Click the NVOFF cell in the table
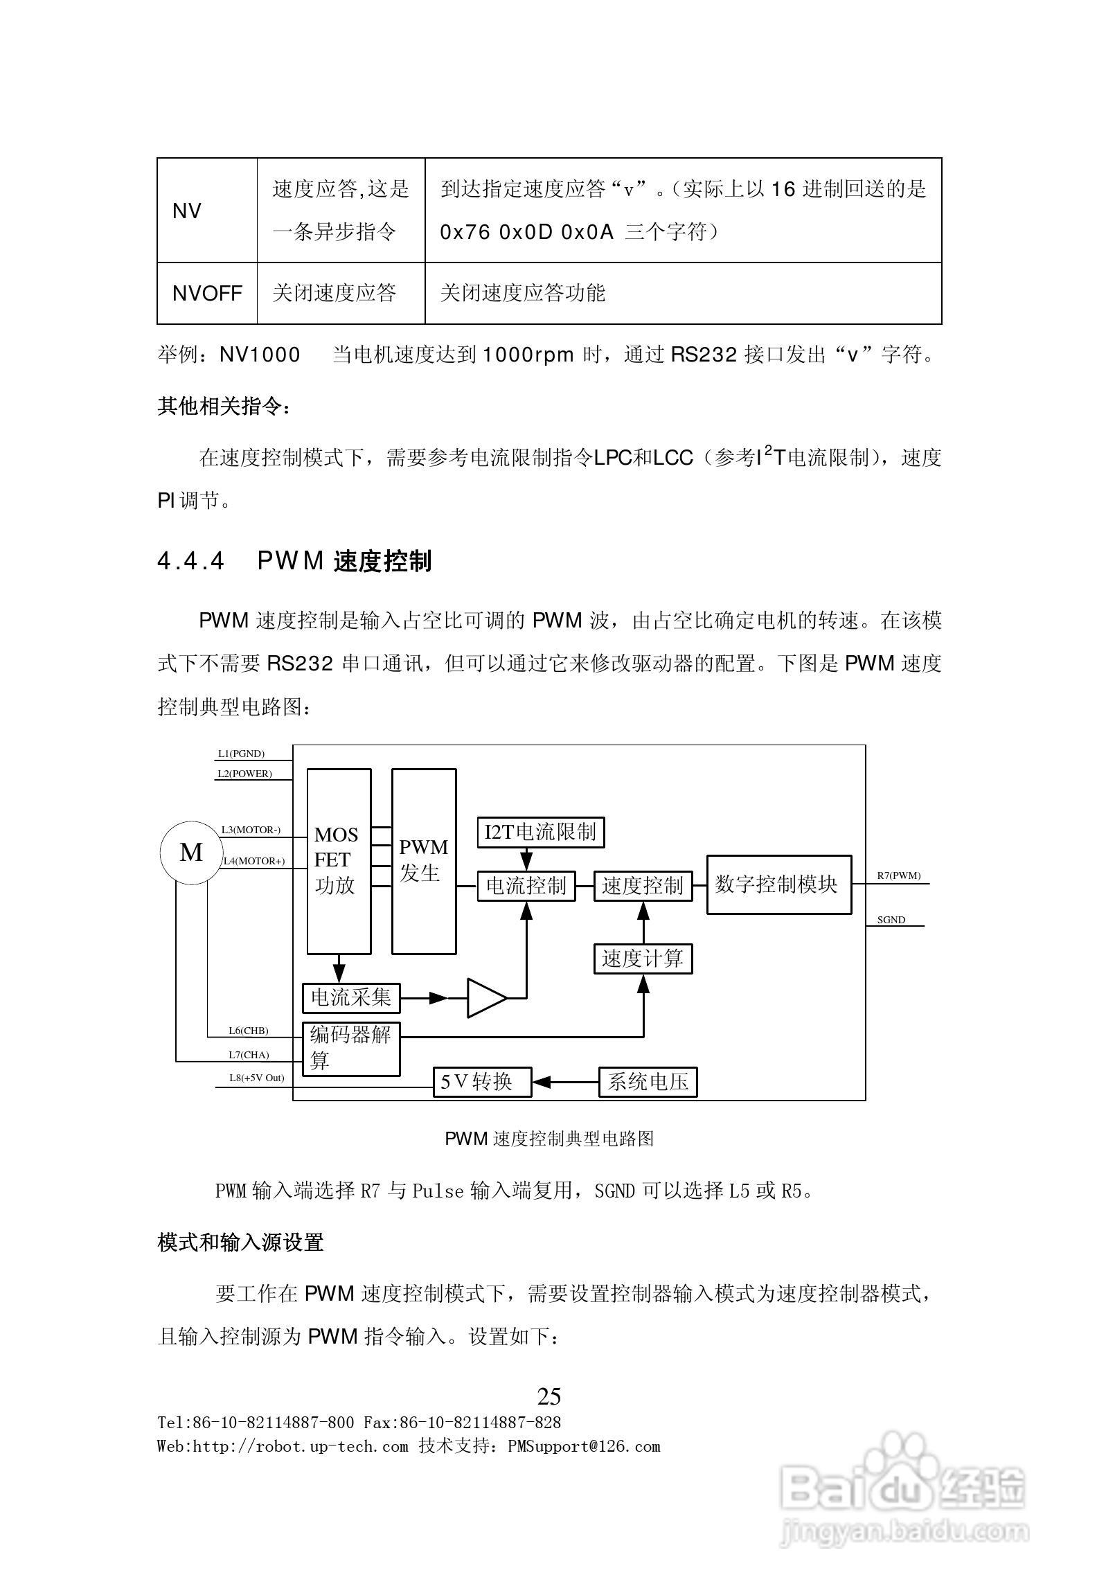click(207, 293)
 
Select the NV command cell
click(207, 211)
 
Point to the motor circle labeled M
click(191, 853)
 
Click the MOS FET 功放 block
click(339, 861)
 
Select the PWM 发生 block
click(423, 861)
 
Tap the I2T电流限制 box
click(540, 832)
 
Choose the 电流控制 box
click(526, 886)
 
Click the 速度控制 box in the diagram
click(643, 886)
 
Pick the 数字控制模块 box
click(778, 884)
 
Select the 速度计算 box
click(643, 959)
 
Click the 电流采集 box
click(351, 997)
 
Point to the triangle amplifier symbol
click(485, 998)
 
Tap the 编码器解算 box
click(351, 1049)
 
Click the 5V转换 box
click(482, 1082)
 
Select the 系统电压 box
click(648, 1082)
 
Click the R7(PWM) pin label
click(898, 875)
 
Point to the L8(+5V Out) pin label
click(256, 1078)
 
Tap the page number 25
click(548, 1396)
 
